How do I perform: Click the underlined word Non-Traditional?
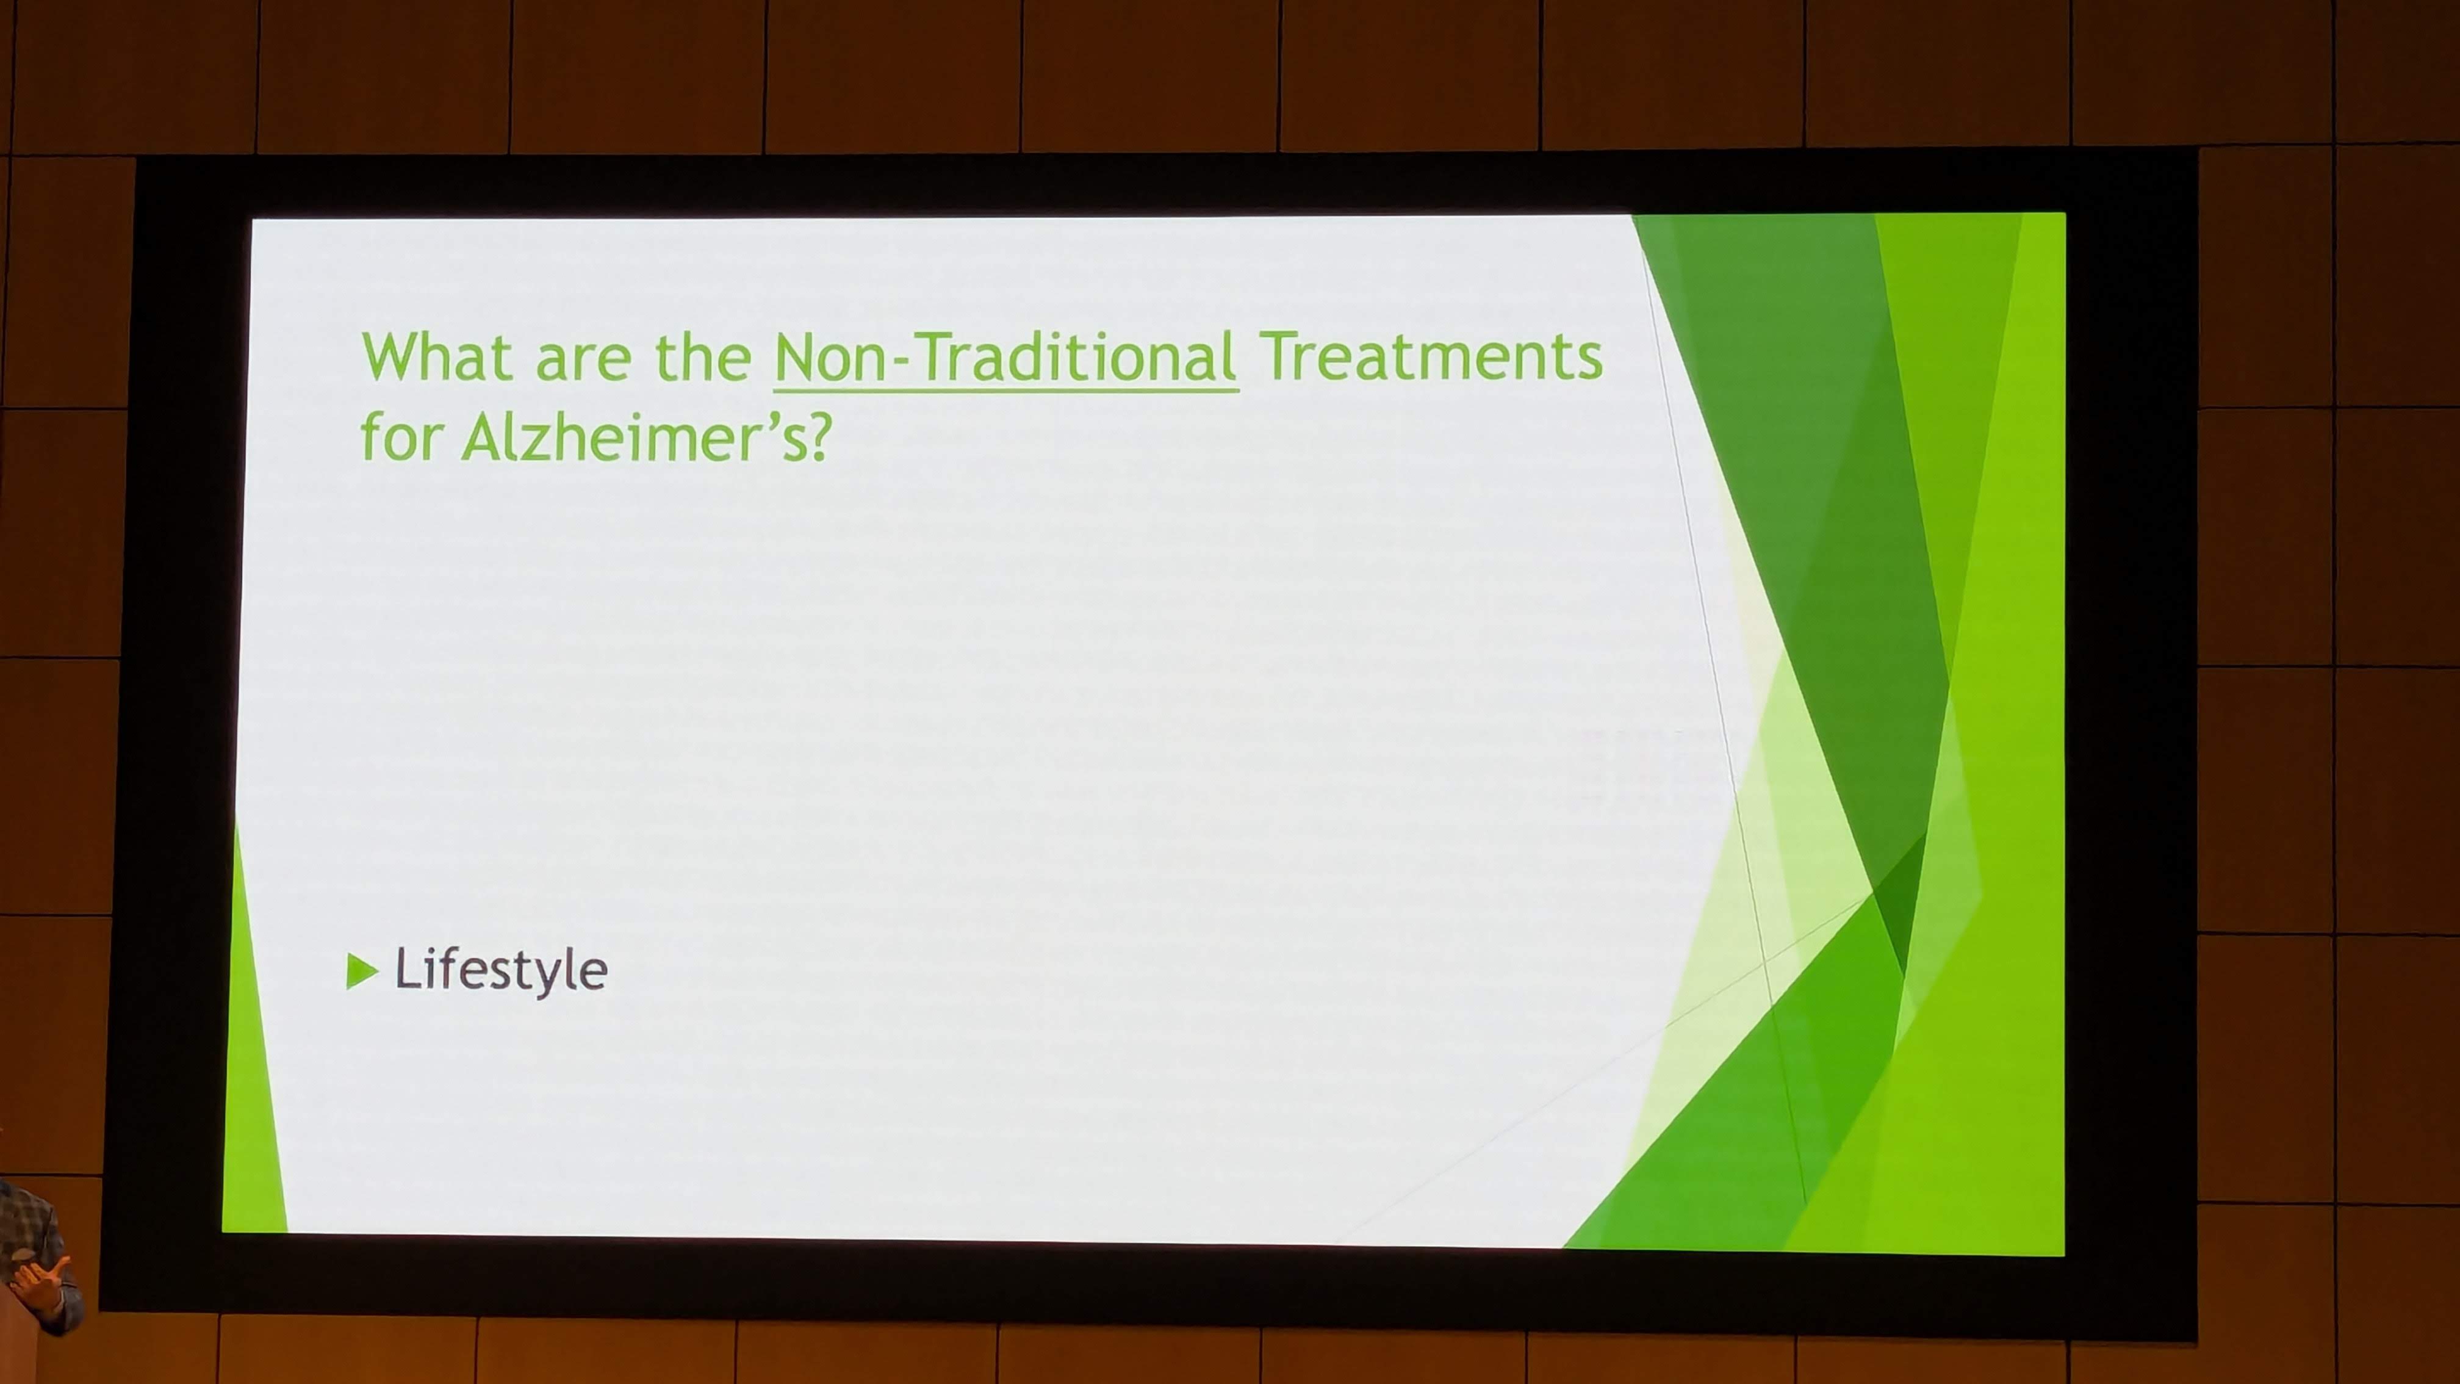point(1005,356)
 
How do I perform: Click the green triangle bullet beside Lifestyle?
point(361,971)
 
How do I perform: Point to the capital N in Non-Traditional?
point(794,356)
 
